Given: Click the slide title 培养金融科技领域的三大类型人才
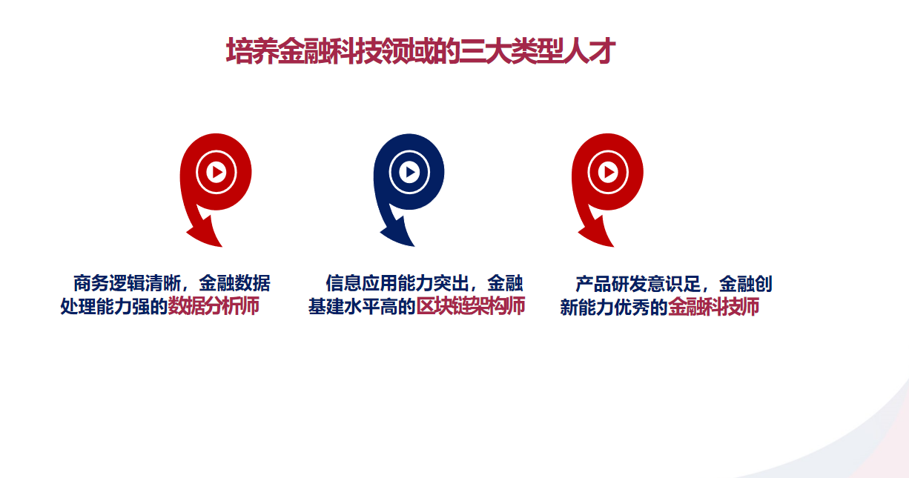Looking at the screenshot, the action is pos(421,51).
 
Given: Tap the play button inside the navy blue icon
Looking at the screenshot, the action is pos(409,172).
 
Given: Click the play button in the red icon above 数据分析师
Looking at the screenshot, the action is pos(216,172).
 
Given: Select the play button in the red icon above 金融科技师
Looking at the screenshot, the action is pos(608,172).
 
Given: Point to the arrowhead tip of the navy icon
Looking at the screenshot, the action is pos(414,245).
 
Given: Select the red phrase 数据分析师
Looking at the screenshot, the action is pos(214,306).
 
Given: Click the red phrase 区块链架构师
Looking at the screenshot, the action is pos(471,306).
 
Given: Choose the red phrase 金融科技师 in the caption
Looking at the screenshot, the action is pos(713,307).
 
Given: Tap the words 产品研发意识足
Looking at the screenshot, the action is pos(638,284).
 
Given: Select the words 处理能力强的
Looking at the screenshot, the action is pos(114,306).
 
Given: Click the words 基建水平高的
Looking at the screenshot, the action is pos(362,306).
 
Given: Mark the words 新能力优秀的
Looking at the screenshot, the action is pos(614,307).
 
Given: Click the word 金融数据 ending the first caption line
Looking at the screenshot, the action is pos(234,283).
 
